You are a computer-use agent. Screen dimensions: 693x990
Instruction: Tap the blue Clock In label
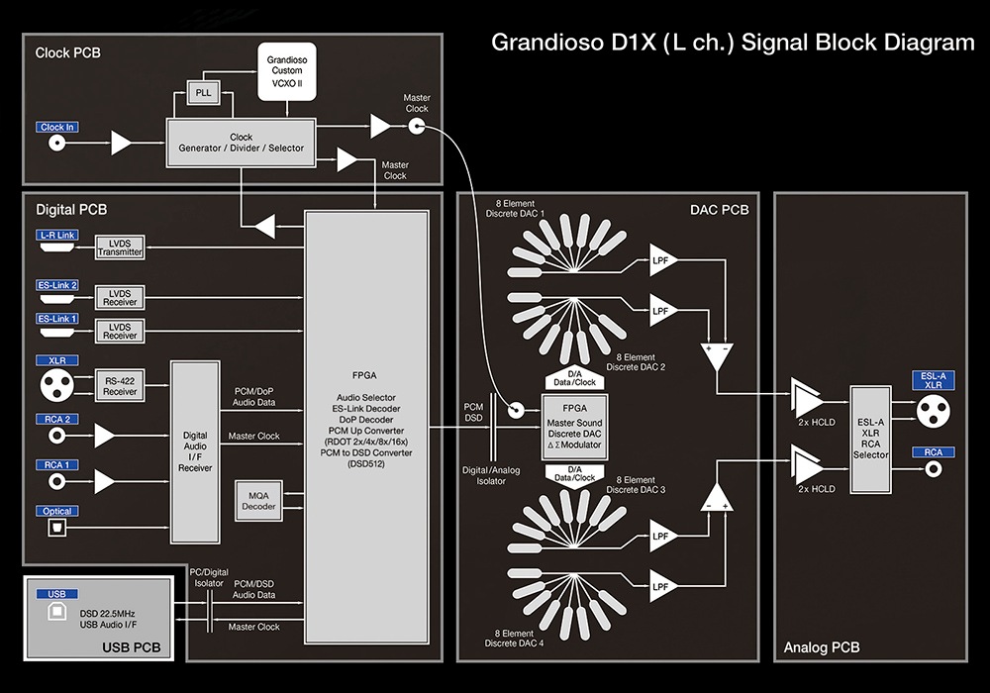point(57,128)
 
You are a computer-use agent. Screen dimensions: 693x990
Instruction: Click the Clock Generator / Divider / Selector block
point(241,143)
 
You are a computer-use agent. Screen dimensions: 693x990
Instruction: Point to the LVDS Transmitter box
point(120,247)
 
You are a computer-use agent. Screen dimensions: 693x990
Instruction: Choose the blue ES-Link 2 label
point(56,286)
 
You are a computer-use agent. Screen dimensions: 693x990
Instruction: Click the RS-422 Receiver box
point(120,386)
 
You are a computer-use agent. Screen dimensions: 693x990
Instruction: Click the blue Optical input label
point(57,511)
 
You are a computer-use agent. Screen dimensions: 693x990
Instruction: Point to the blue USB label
point(55,594)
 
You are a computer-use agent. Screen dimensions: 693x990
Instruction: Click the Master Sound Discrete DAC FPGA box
point(575,427)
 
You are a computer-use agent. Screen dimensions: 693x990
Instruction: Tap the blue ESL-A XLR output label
point(933,380)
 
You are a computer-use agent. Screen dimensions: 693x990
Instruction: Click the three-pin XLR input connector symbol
point(56,385)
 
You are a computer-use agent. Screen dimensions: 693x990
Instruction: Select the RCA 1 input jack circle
point(57,481)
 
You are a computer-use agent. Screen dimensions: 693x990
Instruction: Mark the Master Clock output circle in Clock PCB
point(417,126)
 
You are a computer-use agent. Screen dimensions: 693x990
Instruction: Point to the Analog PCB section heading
point(822,648)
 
